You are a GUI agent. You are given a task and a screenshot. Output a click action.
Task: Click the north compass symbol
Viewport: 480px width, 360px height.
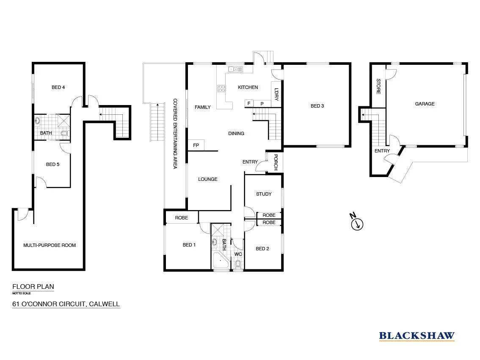[x=357, y=223]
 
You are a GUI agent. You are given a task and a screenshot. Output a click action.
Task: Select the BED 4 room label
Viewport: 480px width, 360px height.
[x=58, y=88]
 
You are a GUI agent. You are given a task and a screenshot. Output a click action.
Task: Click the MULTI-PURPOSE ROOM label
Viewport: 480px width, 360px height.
[x=50, y=245]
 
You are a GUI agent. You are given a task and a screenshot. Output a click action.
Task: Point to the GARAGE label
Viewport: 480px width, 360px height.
[x=425, y=104]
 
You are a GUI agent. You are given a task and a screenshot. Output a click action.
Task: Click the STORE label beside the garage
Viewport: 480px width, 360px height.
[x=378, y=86]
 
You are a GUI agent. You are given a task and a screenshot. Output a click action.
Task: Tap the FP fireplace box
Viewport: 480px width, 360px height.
[x=196, y=145]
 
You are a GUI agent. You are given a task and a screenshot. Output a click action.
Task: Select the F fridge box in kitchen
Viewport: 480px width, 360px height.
[x=249, y=103]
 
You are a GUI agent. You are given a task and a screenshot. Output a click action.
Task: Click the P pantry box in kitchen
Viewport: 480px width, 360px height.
[x=262, y=103]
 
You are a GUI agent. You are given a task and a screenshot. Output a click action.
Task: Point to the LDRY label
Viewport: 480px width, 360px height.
[x=276, y=94]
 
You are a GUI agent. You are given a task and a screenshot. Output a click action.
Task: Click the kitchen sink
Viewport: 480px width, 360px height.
[x=233, y=69]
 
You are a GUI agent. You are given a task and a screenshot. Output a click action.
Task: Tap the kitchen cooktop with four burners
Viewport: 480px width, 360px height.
[x=221, y=88]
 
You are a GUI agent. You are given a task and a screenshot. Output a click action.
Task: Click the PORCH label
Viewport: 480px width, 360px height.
[x=275, y=162]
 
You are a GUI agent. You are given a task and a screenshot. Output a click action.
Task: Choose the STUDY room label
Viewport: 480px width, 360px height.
[x=264, y=194]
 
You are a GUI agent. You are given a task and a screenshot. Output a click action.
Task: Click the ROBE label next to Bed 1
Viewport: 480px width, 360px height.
[x=182, y=218]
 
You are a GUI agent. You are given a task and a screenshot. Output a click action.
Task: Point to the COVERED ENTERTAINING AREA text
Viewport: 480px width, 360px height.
[x=174, y=134]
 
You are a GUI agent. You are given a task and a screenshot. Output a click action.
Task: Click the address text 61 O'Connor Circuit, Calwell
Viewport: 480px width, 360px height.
[x=66, y=304]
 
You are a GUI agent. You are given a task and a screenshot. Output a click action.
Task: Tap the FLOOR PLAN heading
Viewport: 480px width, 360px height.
[x=33, y=287]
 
